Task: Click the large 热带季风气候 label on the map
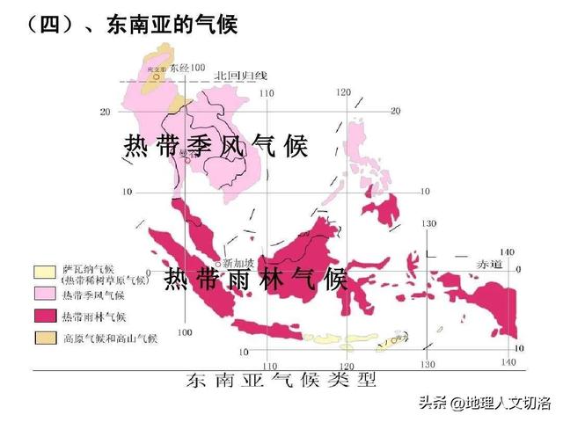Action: click(216, 145)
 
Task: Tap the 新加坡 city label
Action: click(238, 263)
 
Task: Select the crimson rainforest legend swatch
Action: click(45, 316)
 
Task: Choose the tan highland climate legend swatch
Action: click(45, 337)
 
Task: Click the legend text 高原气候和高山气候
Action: click(109, 338)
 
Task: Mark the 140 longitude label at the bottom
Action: click(508, 362)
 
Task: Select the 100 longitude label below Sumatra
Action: click(185, 332)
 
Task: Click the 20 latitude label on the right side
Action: click(395, 111)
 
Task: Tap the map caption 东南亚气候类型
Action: click(281, 381)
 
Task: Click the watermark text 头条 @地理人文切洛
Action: click(484, 404)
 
